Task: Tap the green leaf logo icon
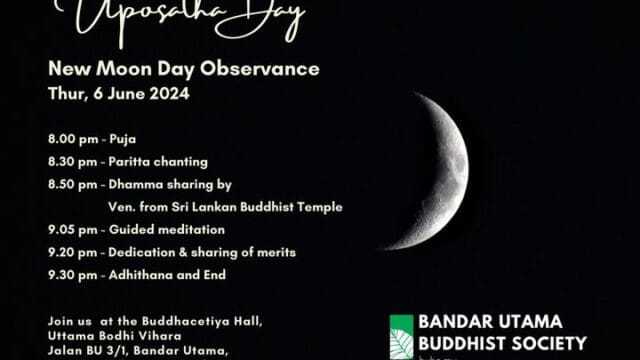click(401, 337)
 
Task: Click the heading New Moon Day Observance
click(184, 70)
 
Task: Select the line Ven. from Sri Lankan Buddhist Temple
click(225, 207)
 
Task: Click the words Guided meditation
click(164, 229)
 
